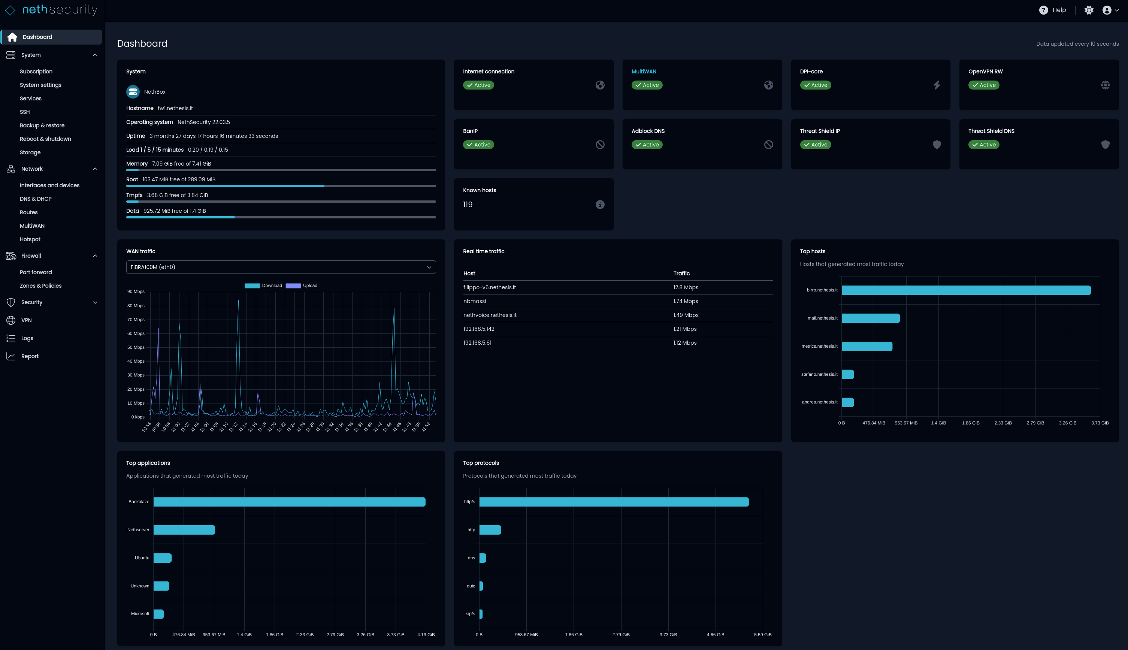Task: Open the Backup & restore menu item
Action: tap(42, 126)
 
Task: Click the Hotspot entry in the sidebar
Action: tap(30, 239)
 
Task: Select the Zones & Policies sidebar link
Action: tap(40, 286)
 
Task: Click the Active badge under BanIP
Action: tap(478, 145)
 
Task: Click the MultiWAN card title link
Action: tap(643, 72)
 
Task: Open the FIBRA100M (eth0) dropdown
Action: tap(281, 267)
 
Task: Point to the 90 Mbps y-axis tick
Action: tap(136, 291)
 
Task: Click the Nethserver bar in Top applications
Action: tap(184, 530)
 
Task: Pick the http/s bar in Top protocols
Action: tap(613, 502)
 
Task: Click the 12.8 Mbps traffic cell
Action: tap(685, 287)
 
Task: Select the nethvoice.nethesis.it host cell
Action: tap(490, 315)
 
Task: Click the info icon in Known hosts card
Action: tap(599, 205)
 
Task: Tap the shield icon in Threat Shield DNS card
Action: tap(1105, 145)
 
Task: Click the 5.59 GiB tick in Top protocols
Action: tap(762, 634)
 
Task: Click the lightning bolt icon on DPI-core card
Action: tap(937, 85)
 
